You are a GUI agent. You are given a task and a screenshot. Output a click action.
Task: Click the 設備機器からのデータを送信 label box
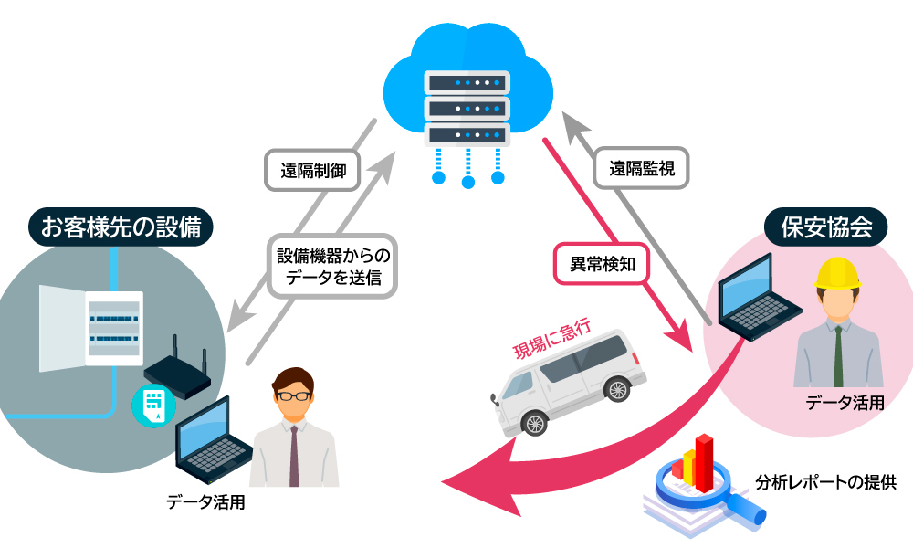click(332, 268)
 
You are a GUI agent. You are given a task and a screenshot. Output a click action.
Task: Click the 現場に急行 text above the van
click(553, 338)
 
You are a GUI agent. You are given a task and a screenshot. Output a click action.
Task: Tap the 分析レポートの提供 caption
click(826, 482)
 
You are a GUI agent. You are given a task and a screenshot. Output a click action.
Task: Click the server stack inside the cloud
click(467, 107)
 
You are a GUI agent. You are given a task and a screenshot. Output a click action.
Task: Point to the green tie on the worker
click(838, 356)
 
